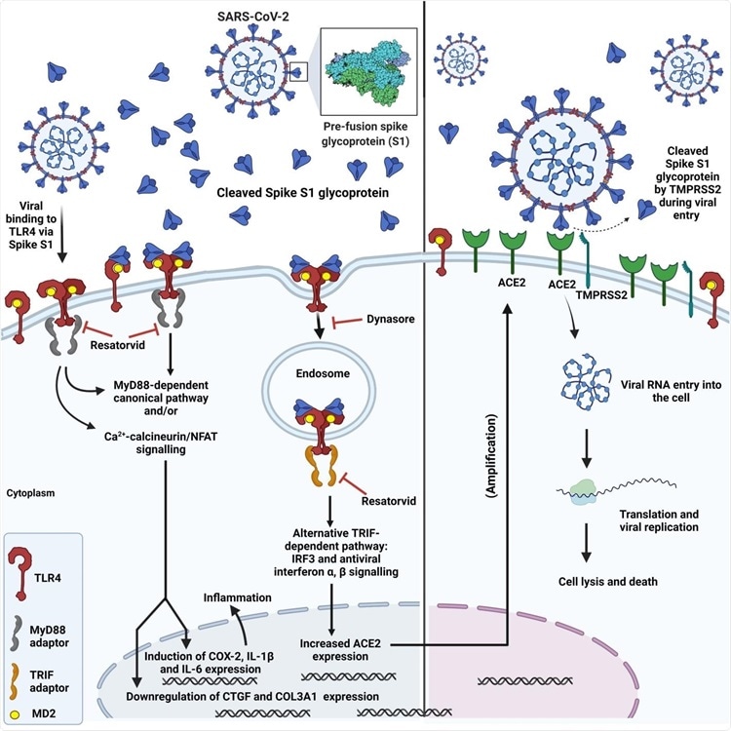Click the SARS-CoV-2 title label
(253, 17)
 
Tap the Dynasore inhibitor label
(391, 320)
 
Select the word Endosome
(323, 373)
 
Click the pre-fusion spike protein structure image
(369, 71)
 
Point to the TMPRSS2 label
(601, 295)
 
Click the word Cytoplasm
(30, 493)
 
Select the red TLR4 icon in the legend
(20, 573)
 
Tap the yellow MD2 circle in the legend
(15, 714)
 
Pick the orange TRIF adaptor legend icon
(16, 680)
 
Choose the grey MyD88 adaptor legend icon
(17, 633)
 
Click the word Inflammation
(237, 597)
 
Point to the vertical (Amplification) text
(491, 455)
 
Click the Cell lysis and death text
(608, 581)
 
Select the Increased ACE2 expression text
(340, 650)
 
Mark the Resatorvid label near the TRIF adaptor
(389, 501)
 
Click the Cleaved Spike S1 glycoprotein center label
(302, 193)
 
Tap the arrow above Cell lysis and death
(587, 543)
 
